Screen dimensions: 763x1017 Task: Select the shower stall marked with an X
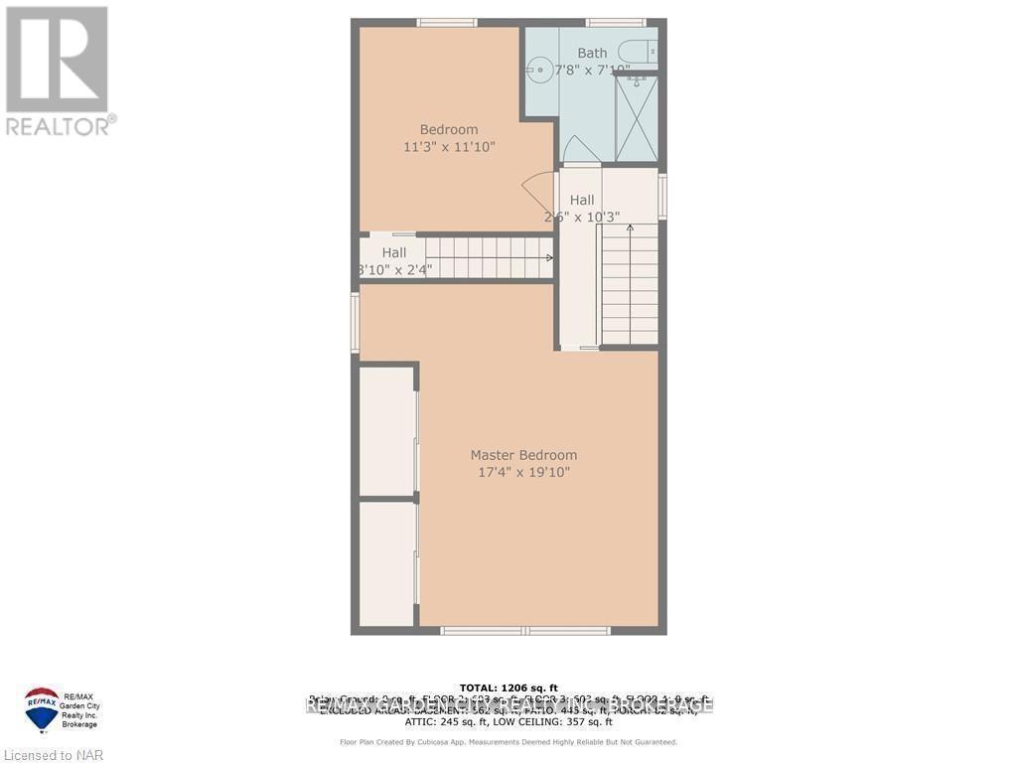coord(636,118)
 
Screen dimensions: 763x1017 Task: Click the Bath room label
coord(592,53)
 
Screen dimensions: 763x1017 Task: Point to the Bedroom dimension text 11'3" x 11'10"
coord(449,147)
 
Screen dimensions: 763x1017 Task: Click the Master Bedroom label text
coord(523,455)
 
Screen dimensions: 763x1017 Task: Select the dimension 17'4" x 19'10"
coord(523,472)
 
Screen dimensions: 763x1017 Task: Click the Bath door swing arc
coord(579,148)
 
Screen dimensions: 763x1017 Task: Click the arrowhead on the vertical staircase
coord(630,229)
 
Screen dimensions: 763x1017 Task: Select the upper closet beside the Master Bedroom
coord(386,430)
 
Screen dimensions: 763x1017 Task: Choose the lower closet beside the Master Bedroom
coord(386,563)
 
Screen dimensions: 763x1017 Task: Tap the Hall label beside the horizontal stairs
coord(393,253)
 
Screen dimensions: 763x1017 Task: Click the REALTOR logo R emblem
coord(57,60)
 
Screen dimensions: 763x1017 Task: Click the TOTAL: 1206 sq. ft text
coord(508,687)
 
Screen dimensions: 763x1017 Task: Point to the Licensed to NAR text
coord(52,756)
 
